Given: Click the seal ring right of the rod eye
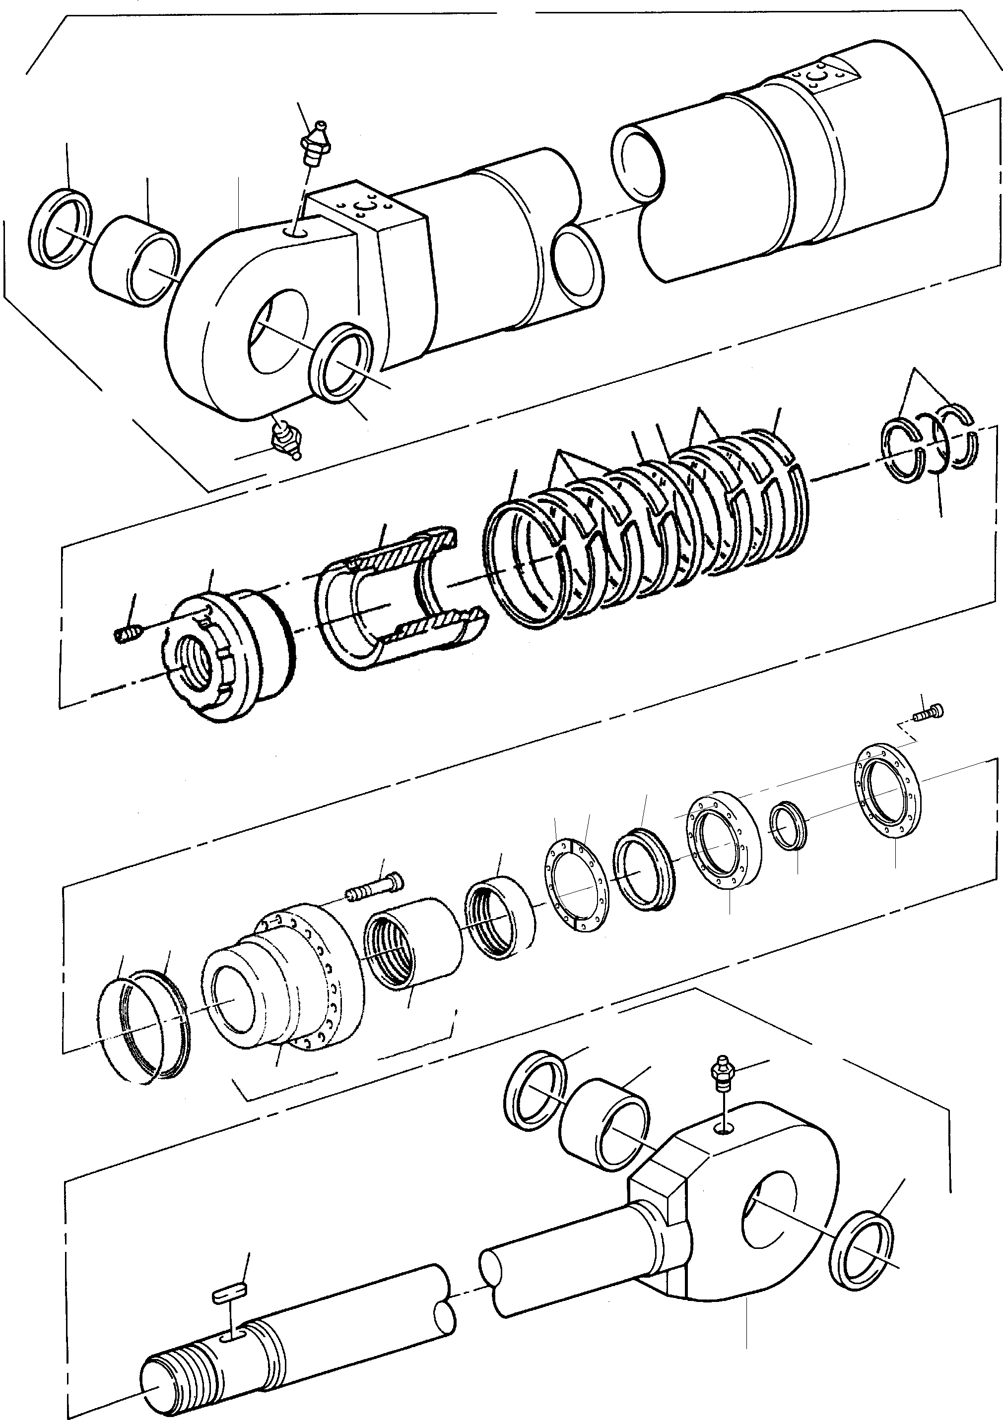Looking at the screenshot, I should coord(861,1252).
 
